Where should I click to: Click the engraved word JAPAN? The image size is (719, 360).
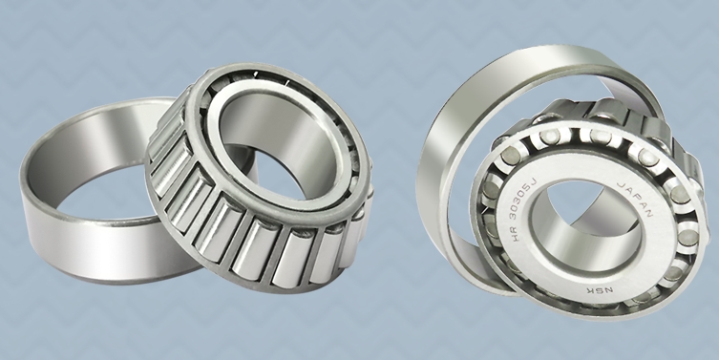coord(635,199)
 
